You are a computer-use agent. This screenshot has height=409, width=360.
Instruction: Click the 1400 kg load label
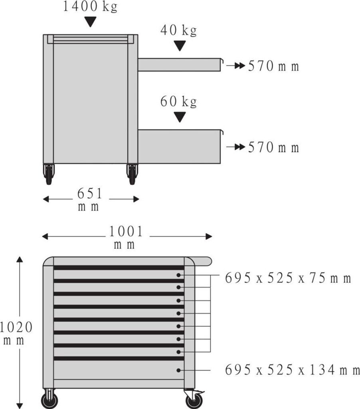coord(90,7)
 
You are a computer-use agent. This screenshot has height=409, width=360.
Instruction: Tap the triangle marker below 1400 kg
coord(91,22)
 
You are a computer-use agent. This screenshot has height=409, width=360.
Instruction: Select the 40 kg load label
coord(178,30)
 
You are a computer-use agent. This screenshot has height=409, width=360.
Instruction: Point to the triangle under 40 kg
coord(180,46)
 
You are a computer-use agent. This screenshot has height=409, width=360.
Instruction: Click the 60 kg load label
coord(178,102)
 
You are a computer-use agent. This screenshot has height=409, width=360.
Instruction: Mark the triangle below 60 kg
coord(180,117)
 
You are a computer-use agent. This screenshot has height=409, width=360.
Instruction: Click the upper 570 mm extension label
coord(273,66)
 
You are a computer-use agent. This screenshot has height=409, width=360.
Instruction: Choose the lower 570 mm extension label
coord(273,148)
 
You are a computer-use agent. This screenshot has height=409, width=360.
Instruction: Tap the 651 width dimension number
coord(90,194)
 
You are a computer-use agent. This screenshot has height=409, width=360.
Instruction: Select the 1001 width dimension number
coord(126,232)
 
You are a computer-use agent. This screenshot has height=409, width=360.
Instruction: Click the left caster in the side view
coord(49,174)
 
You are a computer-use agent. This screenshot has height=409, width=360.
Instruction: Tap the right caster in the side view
coord(132,174)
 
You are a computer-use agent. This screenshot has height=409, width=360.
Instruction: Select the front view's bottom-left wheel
coord(49,399)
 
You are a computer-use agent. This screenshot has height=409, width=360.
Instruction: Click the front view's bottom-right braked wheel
coord(194,399)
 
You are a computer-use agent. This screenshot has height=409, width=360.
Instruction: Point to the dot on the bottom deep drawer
coord(179,370)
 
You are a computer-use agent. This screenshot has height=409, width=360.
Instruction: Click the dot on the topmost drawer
coord(179,275)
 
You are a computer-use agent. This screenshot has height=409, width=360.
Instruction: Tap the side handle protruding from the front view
coord(203,262)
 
